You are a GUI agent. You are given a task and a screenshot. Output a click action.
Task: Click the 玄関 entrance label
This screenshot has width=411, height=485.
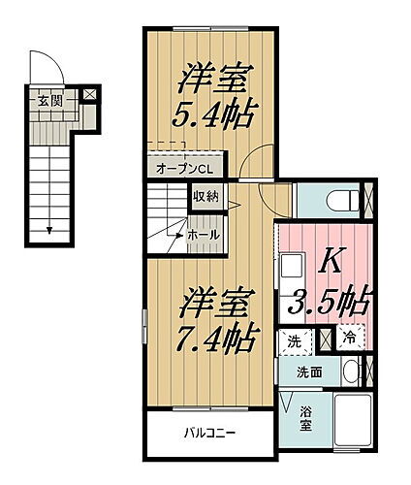coord(50,100)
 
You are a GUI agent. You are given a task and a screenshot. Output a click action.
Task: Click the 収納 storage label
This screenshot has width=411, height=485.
coord(205,197)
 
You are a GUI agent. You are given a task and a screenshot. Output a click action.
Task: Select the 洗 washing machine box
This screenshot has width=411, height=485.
coord(293,341)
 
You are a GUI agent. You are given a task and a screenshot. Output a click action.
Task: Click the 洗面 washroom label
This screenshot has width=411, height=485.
coord(310,372)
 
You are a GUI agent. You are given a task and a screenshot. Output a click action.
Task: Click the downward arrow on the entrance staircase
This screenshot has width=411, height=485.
coord(48,229)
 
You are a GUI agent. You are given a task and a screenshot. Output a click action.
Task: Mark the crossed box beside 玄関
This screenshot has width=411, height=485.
coord(89,96)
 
